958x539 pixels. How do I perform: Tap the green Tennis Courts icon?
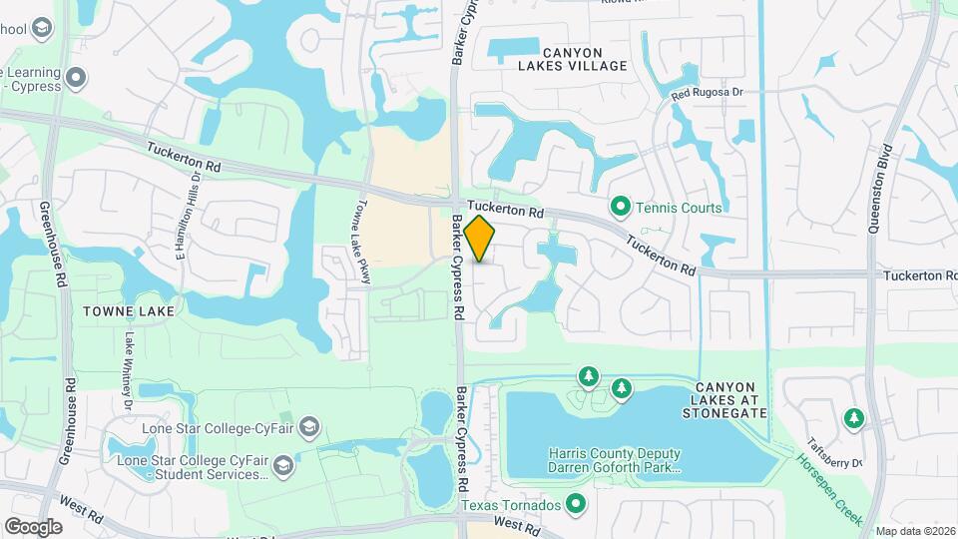[620, 208]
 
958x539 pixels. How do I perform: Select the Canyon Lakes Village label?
[586, 59]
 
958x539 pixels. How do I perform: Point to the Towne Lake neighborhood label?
[130, 311]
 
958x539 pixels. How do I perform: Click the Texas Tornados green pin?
[575, 506]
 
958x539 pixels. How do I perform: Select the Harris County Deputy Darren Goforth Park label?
[614, 459]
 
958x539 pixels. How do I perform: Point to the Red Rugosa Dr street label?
[708, 94]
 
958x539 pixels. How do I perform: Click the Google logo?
[33, 526]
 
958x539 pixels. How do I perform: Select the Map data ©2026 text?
[914, 531]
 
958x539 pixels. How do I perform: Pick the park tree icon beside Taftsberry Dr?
[853, 417]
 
